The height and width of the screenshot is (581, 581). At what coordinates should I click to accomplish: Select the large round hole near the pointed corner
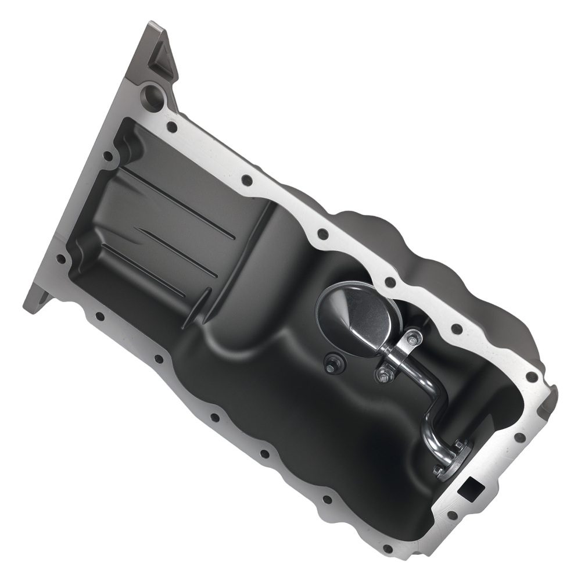point(153,95)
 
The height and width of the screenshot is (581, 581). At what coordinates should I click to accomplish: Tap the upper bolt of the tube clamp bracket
point(412,339)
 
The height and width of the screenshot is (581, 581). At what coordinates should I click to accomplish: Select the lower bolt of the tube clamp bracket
point(383,375)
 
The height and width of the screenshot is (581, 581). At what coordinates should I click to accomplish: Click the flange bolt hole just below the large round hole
point(172,126)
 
